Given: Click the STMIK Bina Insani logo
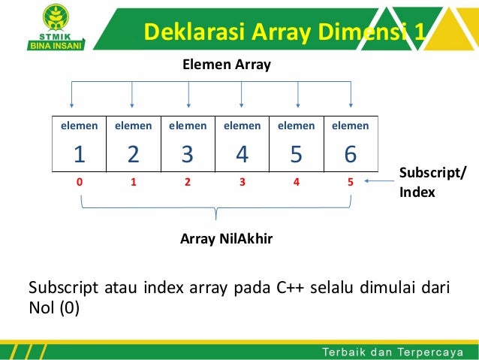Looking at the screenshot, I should (56, 28).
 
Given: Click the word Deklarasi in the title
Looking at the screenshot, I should (183, 32).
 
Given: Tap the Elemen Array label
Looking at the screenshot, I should (227, 65).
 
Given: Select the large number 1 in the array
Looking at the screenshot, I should (78, 154).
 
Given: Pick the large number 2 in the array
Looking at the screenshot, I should (133, 154).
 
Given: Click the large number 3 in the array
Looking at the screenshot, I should (188, 154).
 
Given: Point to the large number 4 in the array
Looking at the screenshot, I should (242, 154).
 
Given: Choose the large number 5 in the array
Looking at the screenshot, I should (296, 154).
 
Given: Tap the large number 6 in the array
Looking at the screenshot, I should (350, 154).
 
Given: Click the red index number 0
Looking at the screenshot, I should (79, 181).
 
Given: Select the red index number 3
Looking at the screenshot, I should (242, 181).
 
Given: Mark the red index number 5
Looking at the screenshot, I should (351, 181).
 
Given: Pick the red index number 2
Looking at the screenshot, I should (188, 181).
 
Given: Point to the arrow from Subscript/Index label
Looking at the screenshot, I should (378, 180).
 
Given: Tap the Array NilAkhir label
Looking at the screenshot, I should (226, 239).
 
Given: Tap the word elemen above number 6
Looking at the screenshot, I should (350, 126).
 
